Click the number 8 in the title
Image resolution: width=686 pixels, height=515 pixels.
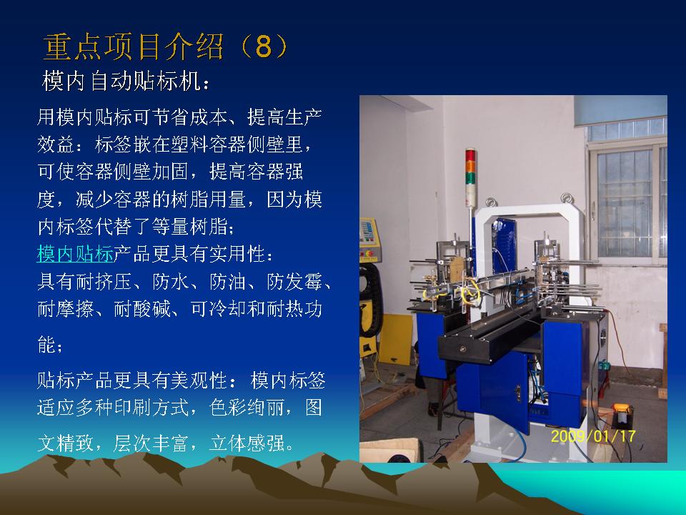click(264, 46)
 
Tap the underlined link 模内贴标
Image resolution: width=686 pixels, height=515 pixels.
click(75, 254)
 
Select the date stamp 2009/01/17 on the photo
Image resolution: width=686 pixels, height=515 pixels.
click(593, 436)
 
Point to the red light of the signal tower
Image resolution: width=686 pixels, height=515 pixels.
click(470, 155)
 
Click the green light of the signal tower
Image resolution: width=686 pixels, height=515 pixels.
click(470, 179)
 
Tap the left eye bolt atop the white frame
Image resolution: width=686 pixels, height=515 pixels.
click(491, 202)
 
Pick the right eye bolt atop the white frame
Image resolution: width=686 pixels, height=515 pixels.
click(567, 197)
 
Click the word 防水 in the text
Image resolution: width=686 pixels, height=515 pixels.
click(171, 282)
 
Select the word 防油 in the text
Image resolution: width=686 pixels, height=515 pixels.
click(229, 282)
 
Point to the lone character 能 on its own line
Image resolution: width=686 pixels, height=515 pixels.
click(46, 344)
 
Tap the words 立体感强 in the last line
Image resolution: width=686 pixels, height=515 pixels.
click(247, 443)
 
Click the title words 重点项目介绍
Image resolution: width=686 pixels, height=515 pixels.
click(134, 46)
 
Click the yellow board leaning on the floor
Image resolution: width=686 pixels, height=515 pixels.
click(395, 339)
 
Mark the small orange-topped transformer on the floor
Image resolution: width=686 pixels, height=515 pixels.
click(622, 415)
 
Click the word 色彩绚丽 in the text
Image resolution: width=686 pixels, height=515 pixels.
click(247, 407)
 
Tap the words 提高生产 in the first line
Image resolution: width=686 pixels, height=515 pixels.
click(285, 117)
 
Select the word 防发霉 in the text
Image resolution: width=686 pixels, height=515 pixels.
click(295, 282)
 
